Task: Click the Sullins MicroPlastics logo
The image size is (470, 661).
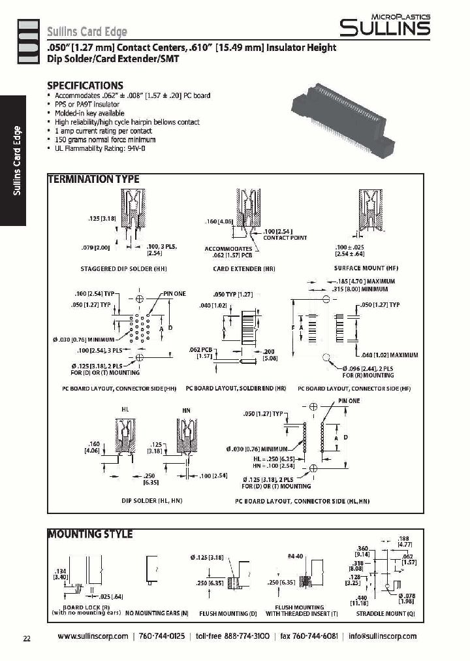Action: [x=384, y=25]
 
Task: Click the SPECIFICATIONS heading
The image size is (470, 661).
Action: [x=85, y=86]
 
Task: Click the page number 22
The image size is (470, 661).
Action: [x=27, y=638]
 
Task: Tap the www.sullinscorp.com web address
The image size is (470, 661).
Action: [x=93, y=636]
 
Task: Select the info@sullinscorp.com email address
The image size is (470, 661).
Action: [x=382, y=636]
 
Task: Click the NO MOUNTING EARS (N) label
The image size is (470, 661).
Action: [x=157, y=613]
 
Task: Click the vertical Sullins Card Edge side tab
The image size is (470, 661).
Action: [x=18, y=160]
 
